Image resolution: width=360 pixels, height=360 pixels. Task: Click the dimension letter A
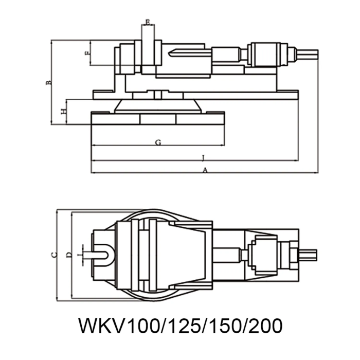(205, 169)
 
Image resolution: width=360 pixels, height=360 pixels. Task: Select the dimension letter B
(47, 82)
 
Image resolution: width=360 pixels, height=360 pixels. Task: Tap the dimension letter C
(52, 254)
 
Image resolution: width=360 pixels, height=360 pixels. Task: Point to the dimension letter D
(68, 255)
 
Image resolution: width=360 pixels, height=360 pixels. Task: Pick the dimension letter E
(148, 22)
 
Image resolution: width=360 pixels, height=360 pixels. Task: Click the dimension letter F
(87, 53)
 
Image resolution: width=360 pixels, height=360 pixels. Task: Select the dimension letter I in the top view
(78, 254)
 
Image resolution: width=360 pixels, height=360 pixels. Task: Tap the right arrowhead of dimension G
(223, 146)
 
